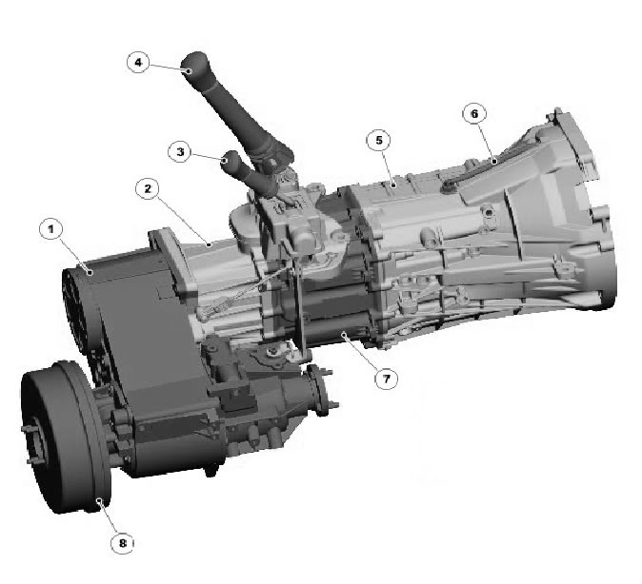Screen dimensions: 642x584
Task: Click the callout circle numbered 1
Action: [51, 229]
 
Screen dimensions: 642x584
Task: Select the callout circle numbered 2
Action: [148, 188]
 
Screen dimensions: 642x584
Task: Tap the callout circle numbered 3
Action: [180, 152]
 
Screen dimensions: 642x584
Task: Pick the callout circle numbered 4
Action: [138, 62]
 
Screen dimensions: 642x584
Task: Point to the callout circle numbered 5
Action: [379, 140]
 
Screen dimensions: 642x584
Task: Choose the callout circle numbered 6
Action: [474, 114]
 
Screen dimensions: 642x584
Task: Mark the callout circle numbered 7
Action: [387, 379]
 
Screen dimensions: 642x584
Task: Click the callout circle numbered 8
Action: [123, 543]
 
